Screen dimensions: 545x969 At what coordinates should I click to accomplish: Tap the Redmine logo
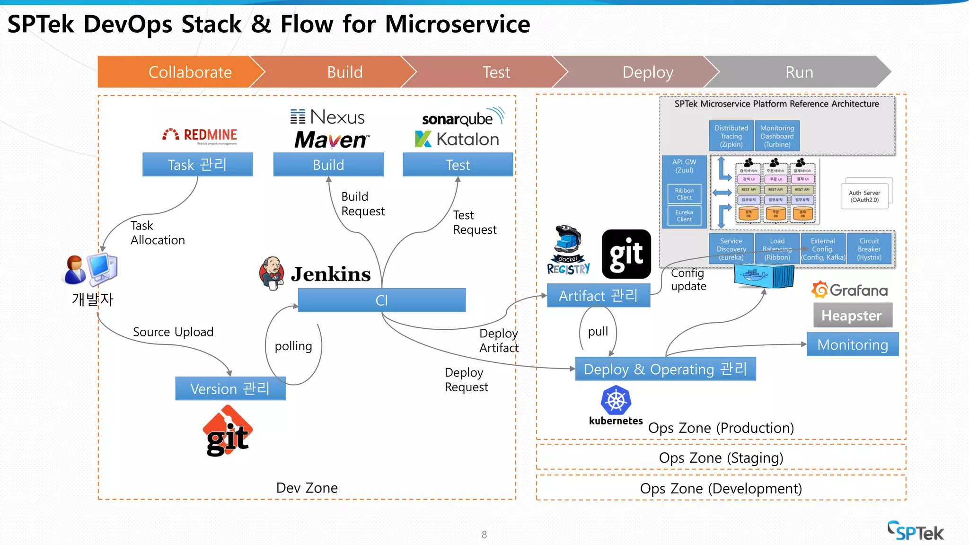[x=200, y=135]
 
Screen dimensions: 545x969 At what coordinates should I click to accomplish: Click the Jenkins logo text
[x=331, y=274]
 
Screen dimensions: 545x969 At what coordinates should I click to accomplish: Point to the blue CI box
[x=381, y=300]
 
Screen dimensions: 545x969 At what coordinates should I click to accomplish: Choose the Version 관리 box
[x=230, y=388]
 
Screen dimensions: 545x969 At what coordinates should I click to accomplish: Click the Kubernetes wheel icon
[x=616, y=400]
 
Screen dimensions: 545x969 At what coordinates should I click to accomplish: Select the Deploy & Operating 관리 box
[x=665, y=369]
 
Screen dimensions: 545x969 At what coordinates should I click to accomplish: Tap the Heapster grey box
[x=852, y=315]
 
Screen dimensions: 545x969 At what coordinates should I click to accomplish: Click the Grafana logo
[x=850, y=290]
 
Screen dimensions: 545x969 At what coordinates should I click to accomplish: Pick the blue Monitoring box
[x=852, y=344]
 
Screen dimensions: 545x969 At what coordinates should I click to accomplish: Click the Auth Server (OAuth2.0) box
[x=864, y=196]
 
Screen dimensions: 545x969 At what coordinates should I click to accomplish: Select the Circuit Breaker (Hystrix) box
[x=869, y=249]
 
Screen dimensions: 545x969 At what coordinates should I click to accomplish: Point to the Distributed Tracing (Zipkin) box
[x=731, y=136]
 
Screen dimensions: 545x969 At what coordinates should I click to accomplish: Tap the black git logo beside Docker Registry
[x=626, y=254]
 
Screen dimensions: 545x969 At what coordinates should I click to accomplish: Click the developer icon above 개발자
[x=91, y=270]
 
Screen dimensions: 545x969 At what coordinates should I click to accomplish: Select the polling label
[x=293, y=346]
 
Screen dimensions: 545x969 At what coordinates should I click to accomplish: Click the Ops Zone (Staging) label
[x=721, y=457]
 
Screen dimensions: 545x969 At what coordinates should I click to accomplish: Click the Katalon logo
[x=457, y=139]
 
